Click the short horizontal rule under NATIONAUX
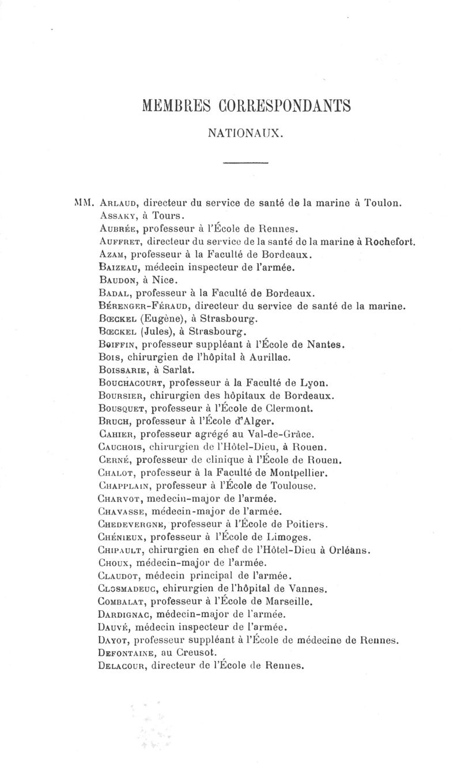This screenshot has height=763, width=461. point(245,165)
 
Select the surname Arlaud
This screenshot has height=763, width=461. point(118,203)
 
